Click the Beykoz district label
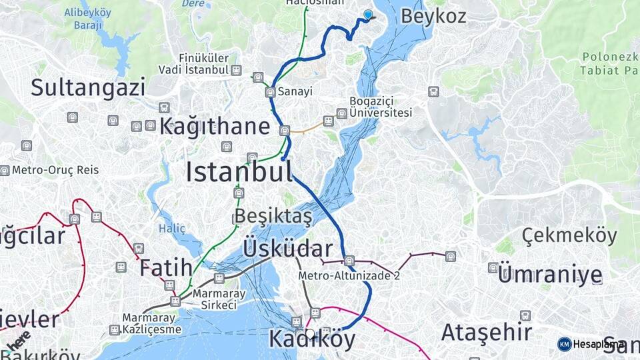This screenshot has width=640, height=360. point(433,17)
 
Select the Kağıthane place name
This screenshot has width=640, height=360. point(215,126)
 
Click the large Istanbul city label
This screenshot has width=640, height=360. point(239,172)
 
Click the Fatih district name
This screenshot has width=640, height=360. point(166,269)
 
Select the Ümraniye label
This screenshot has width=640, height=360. point(550,275)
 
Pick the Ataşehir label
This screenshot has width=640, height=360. point(487,332)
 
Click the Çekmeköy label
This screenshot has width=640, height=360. point(569,235)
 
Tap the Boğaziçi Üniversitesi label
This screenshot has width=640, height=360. point(381,107)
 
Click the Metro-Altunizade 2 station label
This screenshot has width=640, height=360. point(349,275)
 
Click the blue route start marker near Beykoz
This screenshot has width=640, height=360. point(368,14)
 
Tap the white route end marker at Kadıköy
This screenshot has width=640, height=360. point(309,333)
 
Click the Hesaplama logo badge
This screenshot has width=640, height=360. point(591,344)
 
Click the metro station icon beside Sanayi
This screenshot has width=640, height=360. point(270,92)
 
